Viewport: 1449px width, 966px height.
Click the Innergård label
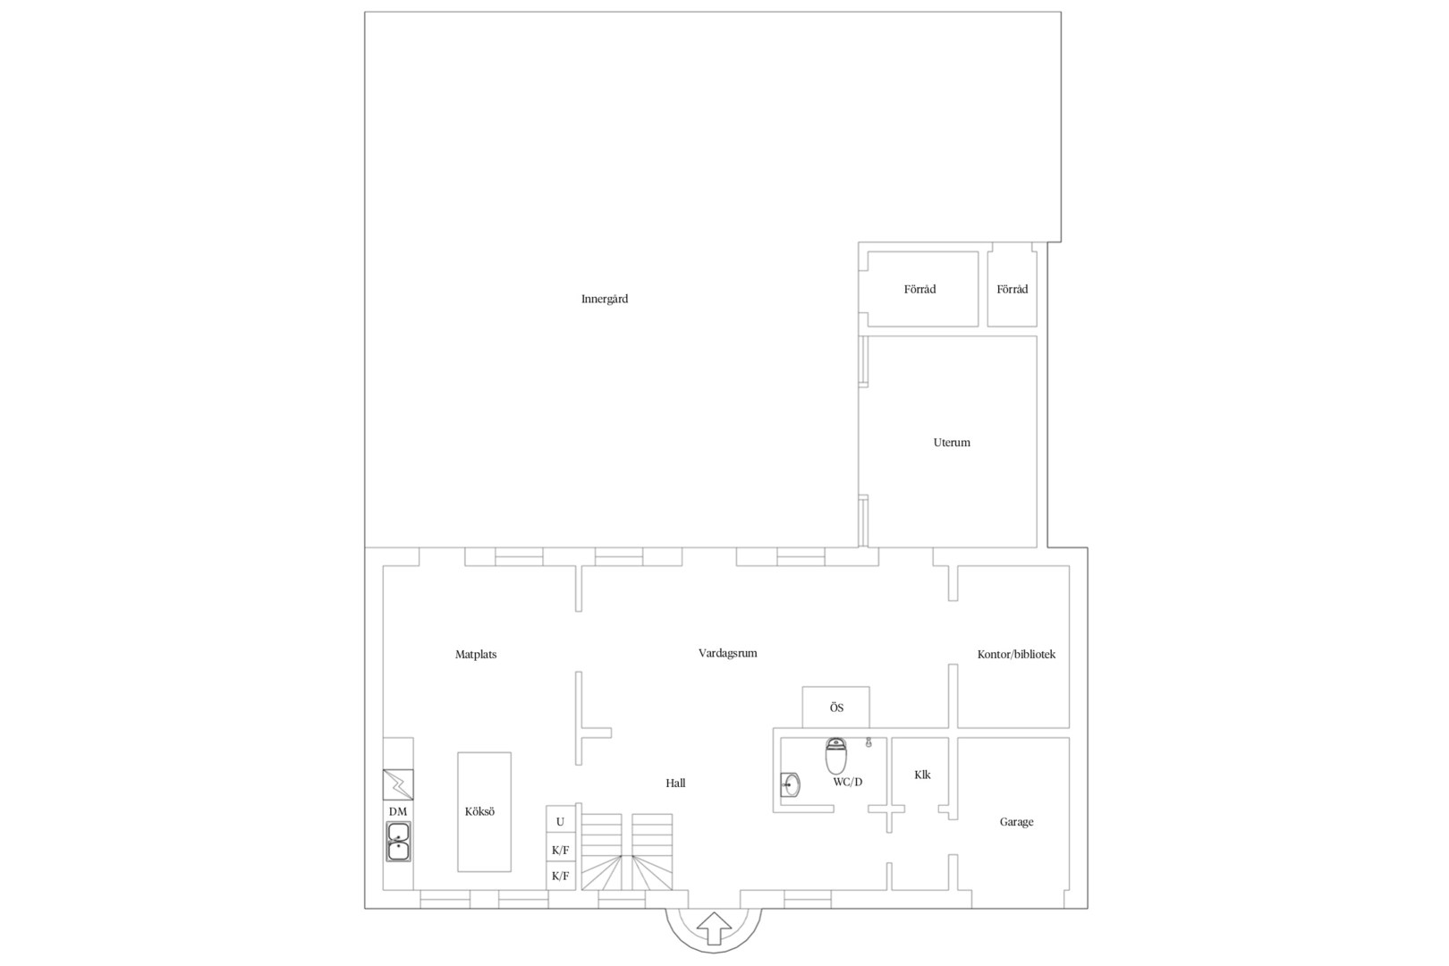[x=604, y=299]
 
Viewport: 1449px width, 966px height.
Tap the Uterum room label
[x=952, y=443]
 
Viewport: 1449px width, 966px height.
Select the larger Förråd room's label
[x=919, y=289]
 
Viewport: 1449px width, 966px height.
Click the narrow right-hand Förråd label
[x=1013, y=289]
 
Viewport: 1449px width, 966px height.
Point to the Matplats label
[x=476, y=655]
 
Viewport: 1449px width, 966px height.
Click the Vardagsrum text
[x=728, y=654]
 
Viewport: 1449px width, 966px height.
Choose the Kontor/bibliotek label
[x=1016, y=655]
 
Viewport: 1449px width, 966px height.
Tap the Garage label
[x=1016, y=822]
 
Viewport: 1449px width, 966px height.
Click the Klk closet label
[x=922, y=775]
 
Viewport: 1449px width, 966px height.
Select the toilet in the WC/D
[x=835, y=756]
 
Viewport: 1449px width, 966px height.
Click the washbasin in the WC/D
[x=791, y=784]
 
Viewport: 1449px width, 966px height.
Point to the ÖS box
[x=835, y=708]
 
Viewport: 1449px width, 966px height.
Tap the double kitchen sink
[x=398, y=841]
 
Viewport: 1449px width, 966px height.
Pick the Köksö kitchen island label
[x=480, y=811]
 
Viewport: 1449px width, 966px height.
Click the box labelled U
[x=560, y=822]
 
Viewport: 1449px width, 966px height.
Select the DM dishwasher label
[x=398, y=811]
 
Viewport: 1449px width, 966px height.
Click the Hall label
[x=675, y=784]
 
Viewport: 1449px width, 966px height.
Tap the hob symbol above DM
[x=398, y=784]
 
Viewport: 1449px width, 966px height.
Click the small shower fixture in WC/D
[x=869, y=742]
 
